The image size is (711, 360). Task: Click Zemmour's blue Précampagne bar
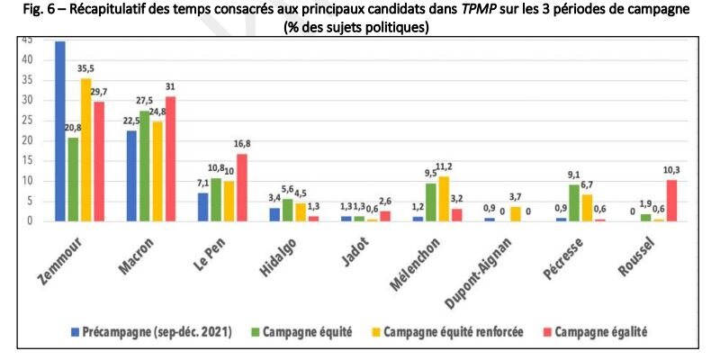[x=60, y=130]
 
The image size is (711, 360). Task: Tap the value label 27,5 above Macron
[x=143, y=102]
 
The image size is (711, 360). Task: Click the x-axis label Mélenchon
[x=445, y=257]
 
